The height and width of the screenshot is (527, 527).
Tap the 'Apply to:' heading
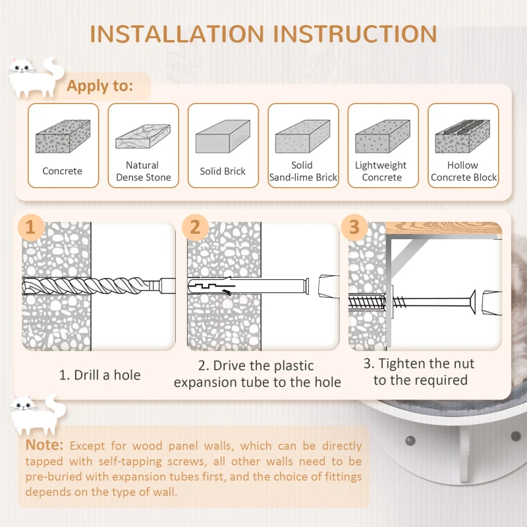(99, 86)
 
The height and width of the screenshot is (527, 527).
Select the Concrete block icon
(63, 136)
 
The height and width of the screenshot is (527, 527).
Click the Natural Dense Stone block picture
(143, 135)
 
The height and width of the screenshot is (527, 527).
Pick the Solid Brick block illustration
(223, 136)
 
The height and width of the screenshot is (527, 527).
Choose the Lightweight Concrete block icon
(382, 136)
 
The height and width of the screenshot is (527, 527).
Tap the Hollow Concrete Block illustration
(462, 136)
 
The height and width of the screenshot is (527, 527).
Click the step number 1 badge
(30, 227)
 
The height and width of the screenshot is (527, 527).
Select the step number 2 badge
(194, 227)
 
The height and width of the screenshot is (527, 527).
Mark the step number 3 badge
(354, 227)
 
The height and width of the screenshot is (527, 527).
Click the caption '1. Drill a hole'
(100, 375)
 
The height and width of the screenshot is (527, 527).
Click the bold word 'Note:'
(45, 445)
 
